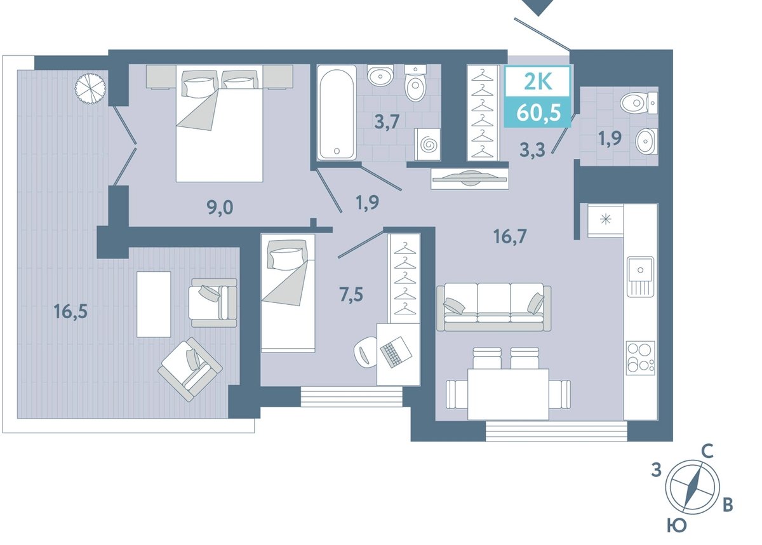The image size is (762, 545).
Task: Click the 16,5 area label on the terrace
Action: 70,312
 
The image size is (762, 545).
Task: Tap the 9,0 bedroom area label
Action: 220,207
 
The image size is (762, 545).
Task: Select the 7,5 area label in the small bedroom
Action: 351,295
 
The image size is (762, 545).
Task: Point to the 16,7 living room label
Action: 510,236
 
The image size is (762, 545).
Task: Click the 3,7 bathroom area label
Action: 387,122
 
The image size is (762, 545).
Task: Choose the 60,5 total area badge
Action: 538,113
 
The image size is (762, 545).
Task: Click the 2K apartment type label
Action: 538,82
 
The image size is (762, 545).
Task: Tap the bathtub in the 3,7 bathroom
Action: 337,112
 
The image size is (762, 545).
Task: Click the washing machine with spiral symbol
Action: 427,144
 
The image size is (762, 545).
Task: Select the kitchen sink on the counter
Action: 641,276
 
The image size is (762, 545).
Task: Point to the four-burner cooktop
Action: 641,358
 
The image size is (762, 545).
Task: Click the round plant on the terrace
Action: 90,88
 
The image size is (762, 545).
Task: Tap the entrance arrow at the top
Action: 538,8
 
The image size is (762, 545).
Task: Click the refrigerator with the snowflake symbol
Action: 606,220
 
